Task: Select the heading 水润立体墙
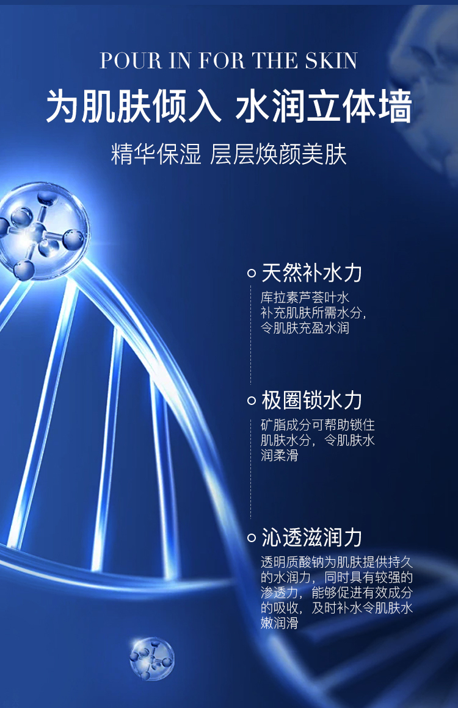pos(323,107)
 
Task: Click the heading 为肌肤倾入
pos(134,107)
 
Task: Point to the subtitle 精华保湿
pos(156,154)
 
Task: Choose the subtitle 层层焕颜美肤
pos(278,154)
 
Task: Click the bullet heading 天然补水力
pos(311,273)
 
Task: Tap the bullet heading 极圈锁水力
pos(311,400)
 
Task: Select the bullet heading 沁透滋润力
pos(311,537)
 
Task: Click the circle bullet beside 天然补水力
pos(252,273)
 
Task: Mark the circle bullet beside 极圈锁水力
pos(252,401)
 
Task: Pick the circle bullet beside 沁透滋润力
pos(252,538)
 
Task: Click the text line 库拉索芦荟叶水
pos(305,298)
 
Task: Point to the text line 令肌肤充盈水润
pos(305,328)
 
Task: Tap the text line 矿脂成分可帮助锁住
pos(318,425)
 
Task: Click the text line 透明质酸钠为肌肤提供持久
pos(337,562)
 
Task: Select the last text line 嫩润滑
pos(280,623)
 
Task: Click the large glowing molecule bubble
pos(42,231)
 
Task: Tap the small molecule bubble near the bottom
pos(151,659)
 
